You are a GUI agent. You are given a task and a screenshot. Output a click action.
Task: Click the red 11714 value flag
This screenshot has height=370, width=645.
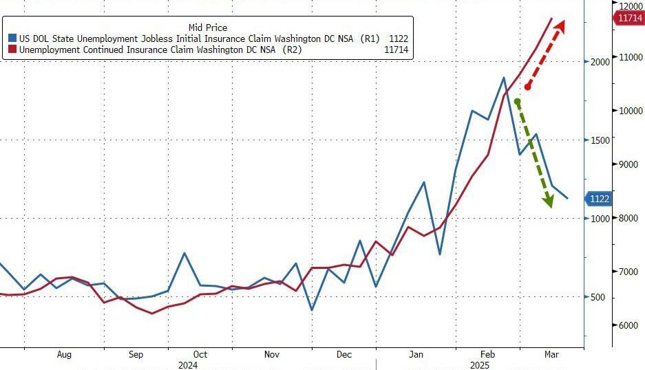pos(629,18)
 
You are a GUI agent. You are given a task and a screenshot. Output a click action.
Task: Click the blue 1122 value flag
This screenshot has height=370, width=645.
pos(598,199)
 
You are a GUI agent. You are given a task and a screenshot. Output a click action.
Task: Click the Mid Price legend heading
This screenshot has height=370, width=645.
pos(207,28)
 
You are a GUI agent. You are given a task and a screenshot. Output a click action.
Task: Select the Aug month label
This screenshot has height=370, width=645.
pos(64,355)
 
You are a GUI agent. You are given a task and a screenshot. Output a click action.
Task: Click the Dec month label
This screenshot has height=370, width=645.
pos(344,355)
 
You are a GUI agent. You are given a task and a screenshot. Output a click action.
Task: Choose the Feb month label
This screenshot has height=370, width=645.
pos(487,355)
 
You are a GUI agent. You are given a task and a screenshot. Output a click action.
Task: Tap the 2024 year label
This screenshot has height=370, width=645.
pos(187,365)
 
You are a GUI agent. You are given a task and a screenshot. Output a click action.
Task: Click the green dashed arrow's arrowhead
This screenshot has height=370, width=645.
pos(549,201)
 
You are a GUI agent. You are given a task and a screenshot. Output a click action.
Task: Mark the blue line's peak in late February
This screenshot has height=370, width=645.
pos(504,78)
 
